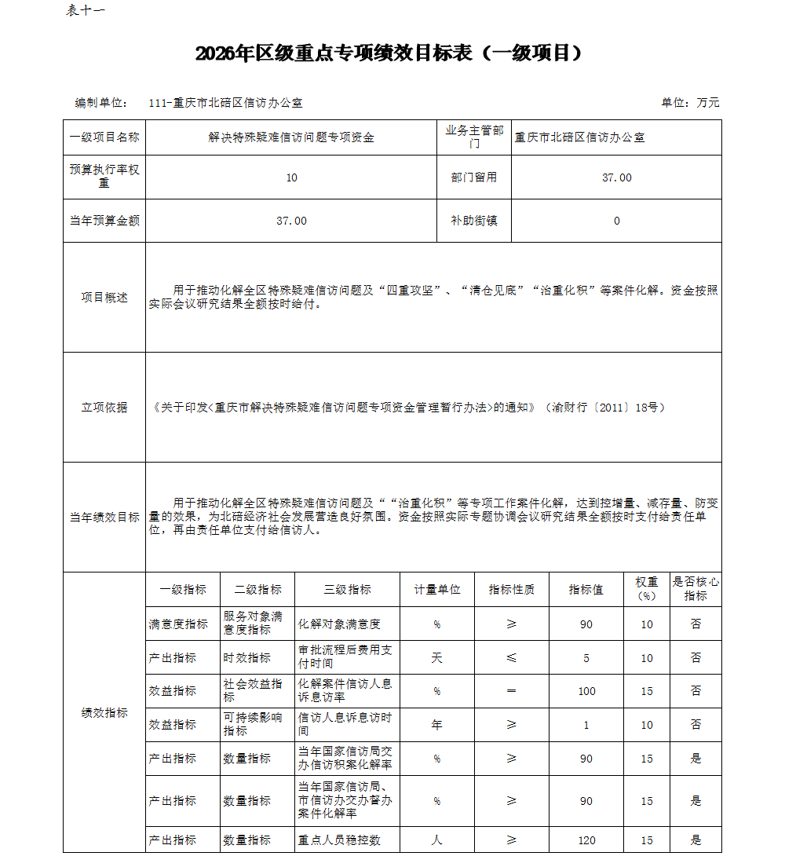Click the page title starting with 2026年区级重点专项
click(x=390, y=53)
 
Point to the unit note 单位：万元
click(x=690, y=103)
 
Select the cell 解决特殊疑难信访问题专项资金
click(x=291, y=137)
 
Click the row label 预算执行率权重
click(x=104, y=177)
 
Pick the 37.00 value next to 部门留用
click(x=616, y=177)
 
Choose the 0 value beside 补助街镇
click(x=616, y=221)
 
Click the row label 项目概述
click(x=104, y=298)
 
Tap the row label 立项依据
click(x=104, y=408)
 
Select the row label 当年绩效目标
click(x=104, y=518)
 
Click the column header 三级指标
click(x=348, y=590)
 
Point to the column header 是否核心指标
click(x=696, y=589)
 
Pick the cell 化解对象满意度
click(x=339, y=624)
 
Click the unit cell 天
click(x=437, y=658)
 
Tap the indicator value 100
click(x=586, y=692)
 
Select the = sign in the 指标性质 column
click(x=512, y=692)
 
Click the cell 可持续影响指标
click(x=253, y=724)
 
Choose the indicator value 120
click(x=586, y=840)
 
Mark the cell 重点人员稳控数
click(x=339, y=840)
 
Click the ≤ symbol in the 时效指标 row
click(x=512, y=658)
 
